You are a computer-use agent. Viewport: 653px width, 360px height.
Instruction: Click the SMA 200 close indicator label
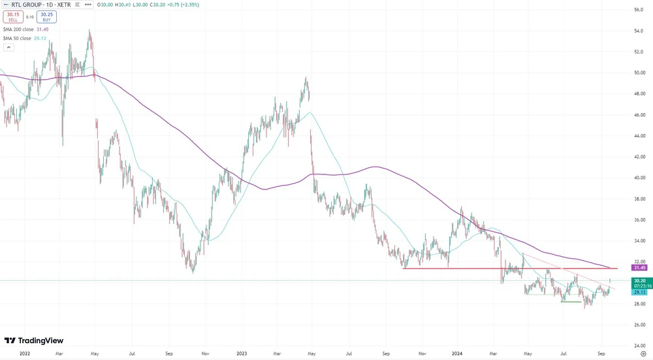[x=26, y=29]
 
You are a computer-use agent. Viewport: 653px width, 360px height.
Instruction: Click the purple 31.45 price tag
[x=640, y=267]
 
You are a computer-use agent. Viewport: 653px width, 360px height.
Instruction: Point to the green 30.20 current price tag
[x=640, y=280]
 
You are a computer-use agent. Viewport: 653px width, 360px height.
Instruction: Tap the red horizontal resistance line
[x=509, y=268]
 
